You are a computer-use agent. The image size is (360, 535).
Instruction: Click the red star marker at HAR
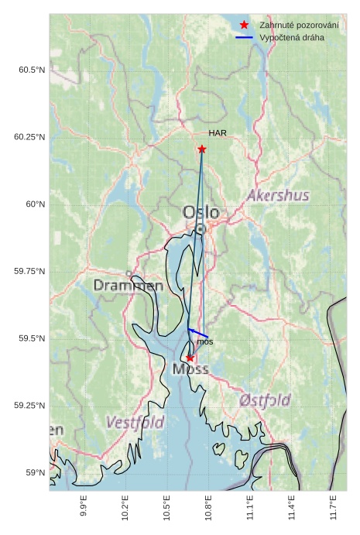202,149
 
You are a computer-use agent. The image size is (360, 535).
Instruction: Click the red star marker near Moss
190,358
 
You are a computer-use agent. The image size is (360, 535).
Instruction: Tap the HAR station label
218,133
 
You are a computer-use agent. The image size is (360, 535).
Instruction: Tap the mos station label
204,341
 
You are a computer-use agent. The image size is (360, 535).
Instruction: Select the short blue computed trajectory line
198,334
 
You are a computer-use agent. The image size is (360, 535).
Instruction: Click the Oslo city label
201,212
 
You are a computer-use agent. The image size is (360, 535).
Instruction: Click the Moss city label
190,369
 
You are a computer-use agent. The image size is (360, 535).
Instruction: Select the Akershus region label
277,195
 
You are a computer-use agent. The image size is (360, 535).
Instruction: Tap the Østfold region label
265,400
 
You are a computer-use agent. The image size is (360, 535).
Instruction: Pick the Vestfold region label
135,423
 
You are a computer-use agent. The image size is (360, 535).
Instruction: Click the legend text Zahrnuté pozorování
299,26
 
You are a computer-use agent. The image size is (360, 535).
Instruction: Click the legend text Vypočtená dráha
292,37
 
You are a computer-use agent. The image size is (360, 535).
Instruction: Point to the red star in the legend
244,26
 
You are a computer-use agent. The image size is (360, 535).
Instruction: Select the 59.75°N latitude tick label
29,272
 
